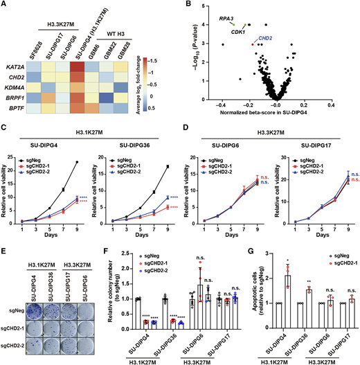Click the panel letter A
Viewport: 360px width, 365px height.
pyautogui.click(x=5, y=6)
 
